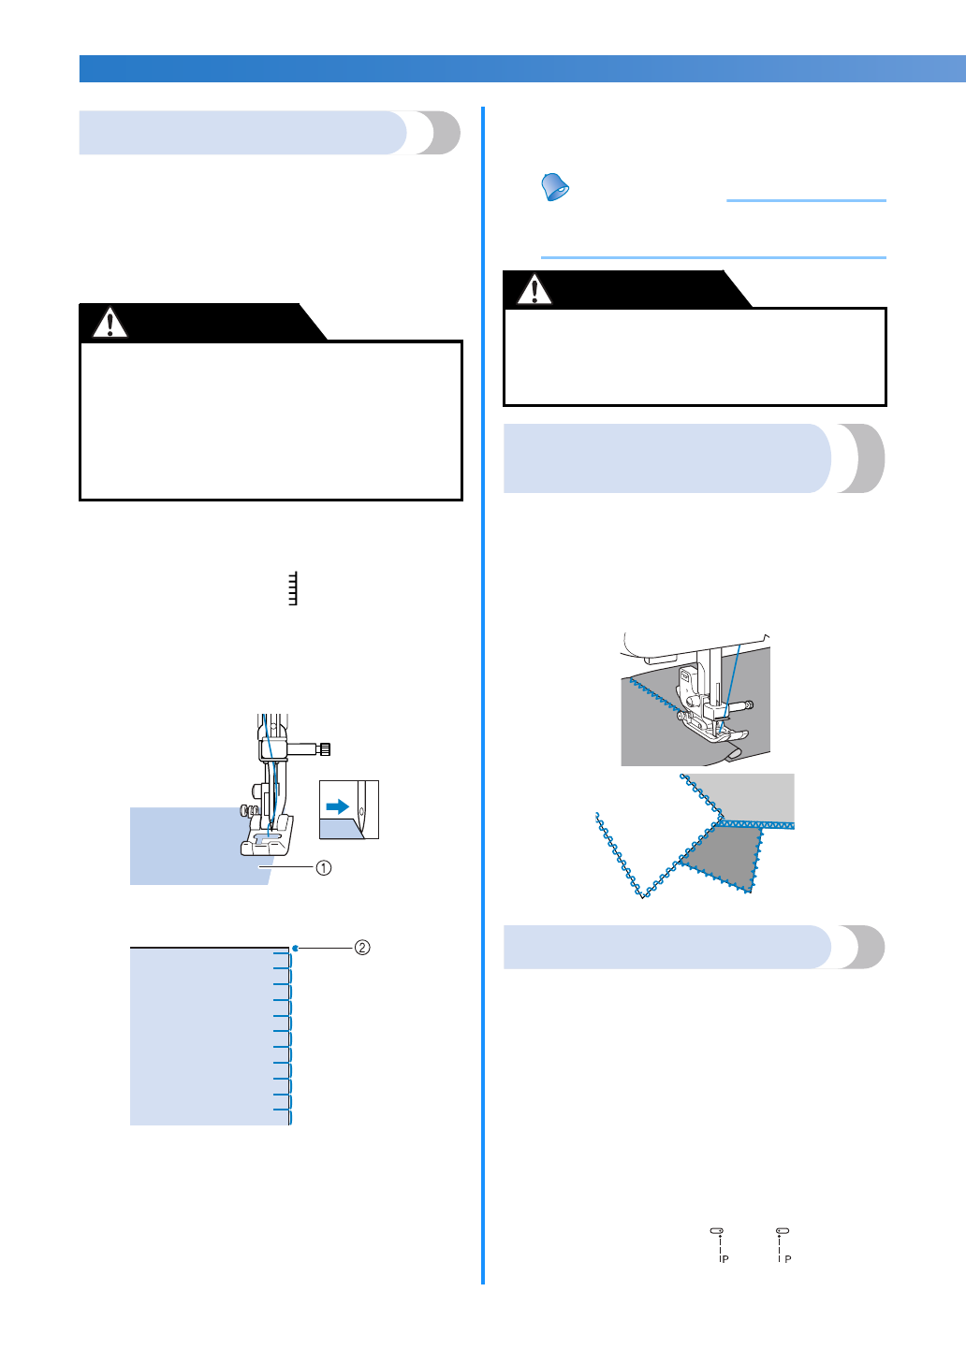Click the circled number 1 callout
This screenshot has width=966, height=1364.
coord(323,867)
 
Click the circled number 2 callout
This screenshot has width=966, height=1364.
coord(362,948)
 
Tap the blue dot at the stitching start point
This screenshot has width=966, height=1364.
coord(295,949)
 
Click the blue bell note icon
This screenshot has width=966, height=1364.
coord(555,187)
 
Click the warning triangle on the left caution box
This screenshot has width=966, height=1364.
coord(110,324)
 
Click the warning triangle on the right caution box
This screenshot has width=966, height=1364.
coord(534,290)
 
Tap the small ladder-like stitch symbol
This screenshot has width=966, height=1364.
coord(293,588)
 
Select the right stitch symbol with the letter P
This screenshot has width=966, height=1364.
coord(783,1244)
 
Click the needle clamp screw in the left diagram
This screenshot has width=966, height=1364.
coord(323,748)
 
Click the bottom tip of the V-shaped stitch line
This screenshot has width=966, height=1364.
coord(642,896)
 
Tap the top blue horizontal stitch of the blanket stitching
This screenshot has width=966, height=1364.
coord(281,954)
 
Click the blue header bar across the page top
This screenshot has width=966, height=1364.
coord(522,68)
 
